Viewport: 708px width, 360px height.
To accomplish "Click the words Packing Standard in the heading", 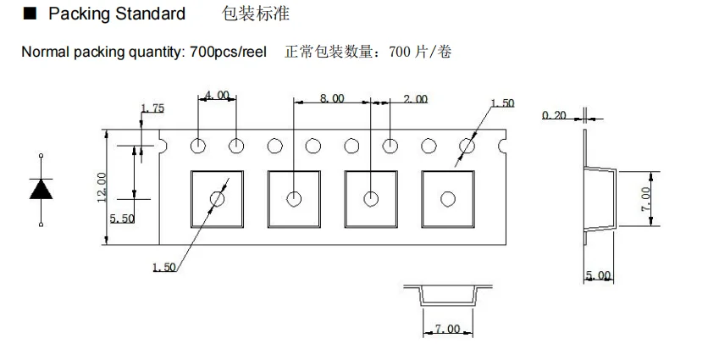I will [117, 14].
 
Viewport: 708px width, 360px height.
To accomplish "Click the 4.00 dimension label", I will [217, 96].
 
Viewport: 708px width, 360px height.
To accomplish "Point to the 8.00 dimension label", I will [332, 99].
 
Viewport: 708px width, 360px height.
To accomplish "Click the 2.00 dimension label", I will [415, 99].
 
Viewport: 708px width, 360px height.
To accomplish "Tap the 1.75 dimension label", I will [152, 108].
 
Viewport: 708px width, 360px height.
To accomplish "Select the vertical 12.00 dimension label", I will [102, 186].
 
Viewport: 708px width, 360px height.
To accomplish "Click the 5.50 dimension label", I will [123, 219].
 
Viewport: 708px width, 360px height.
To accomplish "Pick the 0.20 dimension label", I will [554, 114].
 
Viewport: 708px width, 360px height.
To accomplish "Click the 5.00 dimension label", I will [598, 276].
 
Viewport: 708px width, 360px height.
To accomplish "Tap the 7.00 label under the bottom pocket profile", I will [447, 329].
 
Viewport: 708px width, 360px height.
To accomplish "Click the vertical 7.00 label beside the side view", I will [646, 200].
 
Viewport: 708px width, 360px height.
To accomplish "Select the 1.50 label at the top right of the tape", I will [502, 103].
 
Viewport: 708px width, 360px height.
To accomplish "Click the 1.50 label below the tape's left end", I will [163, 268].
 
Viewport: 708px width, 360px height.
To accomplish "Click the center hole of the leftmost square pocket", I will [218, 199].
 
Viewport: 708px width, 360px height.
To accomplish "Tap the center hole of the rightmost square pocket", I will [447, 199].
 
